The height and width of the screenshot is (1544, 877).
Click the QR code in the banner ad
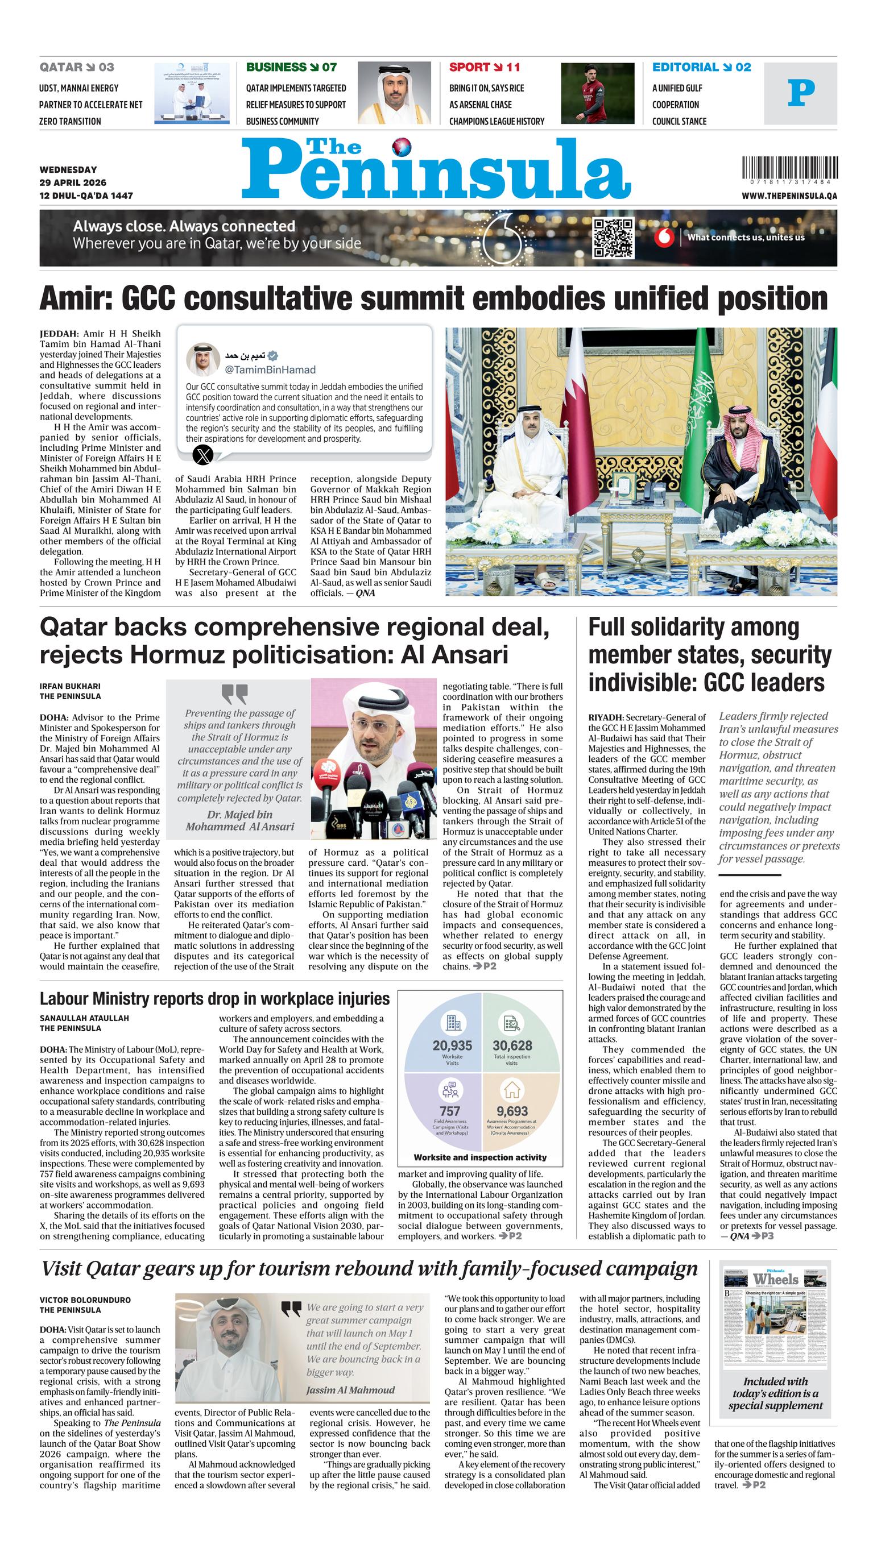click(x=614, y=238)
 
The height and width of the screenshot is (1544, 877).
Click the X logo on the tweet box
click(x=202, y=454)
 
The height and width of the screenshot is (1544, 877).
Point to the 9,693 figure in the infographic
click(x=511, y=1111)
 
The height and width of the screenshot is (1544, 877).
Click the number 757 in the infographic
click(x=449, y=1111)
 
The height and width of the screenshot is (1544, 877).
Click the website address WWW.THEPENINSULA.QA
click(x=789, y=196)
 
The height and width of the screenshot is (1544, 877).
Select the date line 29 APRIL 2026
click(x=73, y=182)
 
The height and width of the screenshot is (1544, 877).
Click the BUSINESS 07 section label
click(x=291, y=68)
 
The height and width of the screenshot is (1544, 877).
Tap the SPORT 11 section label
click(x=484, y=68)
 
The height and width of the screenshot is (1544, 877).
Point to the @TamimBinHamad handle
click(x=270, y=370)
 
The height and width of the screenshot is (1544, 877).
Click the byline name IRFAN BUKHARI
click(x=70, y=686)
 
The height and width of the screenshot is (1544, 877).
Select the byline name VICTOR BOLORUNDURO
click(x=85, y=1300)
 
